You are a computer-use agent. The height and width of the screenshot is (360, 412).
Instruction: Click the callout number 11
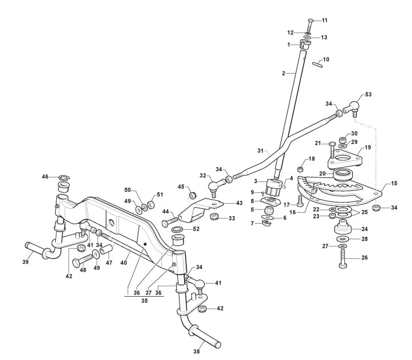tap(325, 20)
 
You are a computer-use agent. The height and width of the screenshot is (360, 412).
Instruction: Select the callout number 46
tap(46, 177)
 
